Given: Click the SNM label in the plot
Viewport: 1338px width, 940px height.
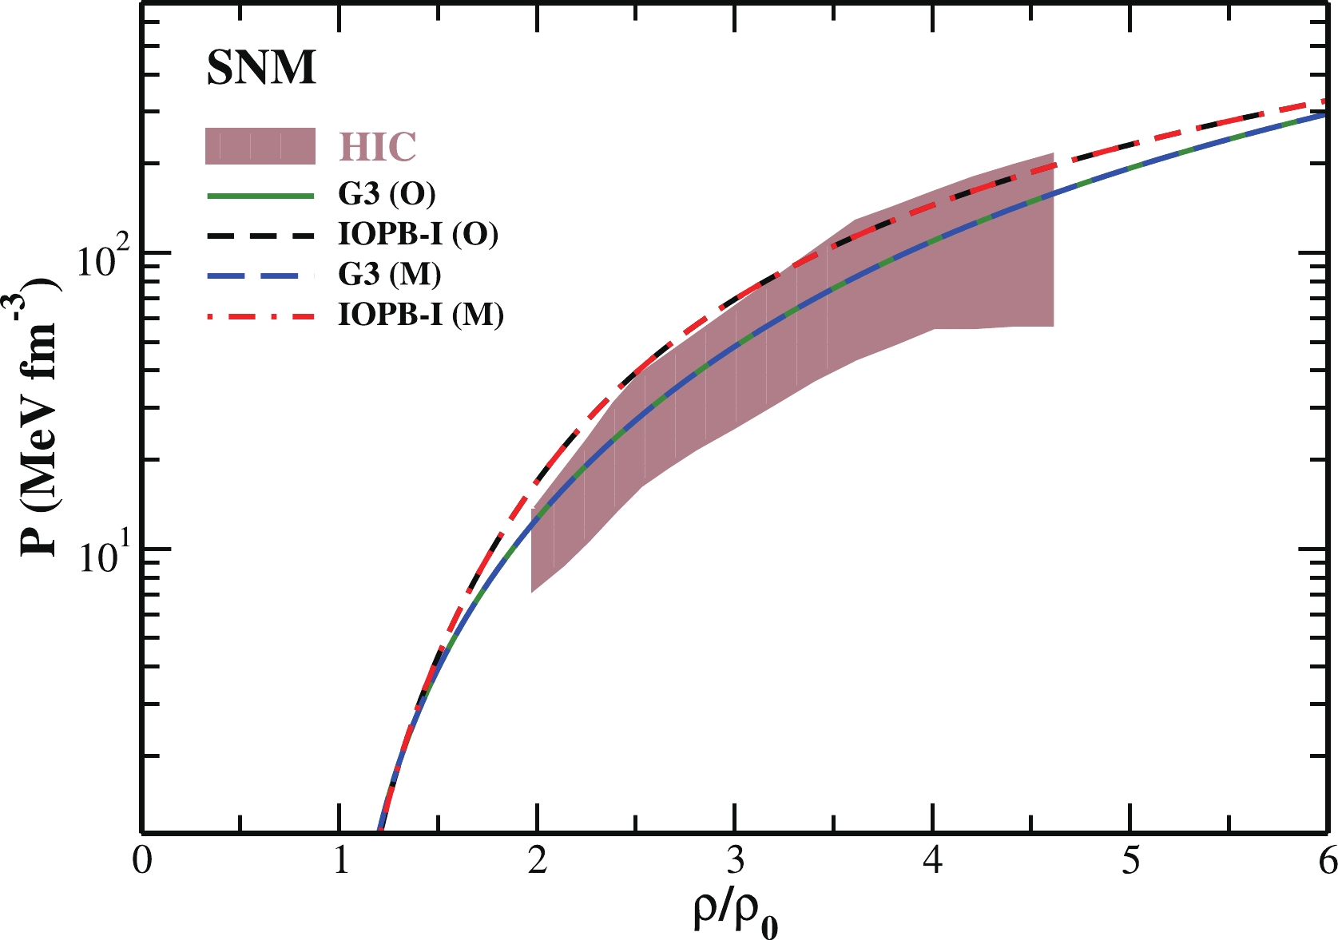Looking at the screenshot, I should tap(261, 68).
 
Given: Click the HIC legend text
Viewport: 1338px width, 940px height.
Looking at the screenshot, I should tap(378, 147).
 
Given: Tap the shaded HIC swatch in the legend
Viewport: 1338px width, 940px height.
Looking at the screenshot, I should tap(260, 146).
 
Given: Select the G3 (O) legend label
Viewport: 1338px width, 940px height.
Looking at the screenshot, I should tap(387, 194).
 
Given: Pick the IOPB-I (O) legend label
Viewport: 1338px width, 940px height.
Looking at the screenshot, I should tap(418, 235).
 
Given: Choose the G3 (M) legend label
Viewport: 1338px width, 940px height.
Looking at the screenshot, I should tap(389, 275).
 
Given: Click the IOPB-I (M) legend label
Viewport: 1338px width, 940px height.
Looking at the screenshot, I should tap(421, 315).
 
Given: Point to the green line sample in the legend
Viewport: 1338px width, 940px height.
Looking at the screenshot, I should tap(260, 194).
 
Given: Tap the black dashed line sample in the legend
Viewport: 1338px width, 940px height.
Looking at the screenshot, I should tap(260, 235).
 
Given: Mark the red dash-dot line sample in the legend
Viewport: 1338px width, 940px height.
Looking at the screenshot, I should tap(260, 315).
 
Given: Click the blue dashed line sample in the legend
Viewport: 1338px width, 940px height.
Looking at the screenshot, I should tap(260, 275).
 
